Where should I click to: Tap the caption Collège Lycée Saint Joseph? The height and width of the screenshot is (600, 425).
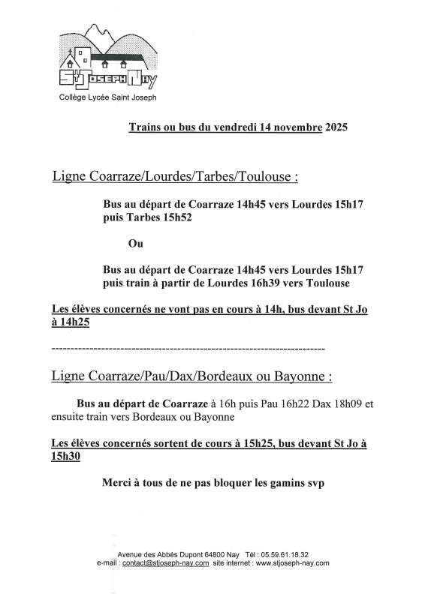[x=109, y=97]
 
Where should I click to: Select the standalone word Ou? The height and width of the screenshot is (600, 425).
[x=136, y=244]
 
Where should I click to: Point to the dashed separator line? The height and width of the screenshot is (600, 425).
[x=188, y=349]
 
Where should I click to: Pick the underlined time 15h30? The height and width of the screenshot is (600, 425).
[x=65, y=455]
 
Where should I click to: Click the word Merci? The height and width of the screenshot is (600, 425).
[x=117, y=483]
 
